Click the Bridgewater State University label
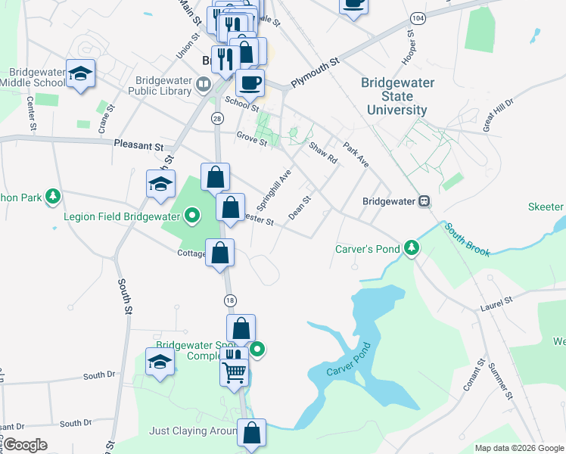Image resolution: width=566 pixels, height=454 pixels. coord(397,97)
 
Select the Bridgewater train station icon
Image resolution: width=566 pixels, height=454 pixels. coord(424,201)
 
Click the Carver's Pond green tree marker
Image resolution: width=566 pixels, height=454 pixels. coord(411,248)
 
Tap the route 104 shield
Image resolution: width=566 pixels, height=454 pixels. coord(417,17)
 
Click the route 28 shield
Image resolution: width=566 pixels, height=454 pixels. coord(217,119)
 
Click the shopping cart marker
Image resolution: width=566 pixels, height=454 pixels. coord(235,372)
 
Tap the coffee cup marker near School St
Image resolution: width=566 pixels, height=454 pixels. coord(250,82)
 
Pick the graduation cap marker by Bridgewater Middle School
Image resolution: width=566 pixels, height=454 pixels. coord(80,73)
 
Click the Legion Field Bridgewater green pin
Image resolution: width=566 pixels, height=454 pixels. coord(192,216)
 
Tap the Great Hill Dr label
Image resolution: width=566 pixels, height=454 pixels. coord(499,111)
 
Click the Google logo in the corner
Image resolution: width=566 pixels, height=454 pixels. coord(26,445)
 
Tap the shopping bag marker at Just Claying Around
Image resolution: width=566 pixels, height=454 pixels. coord(251,433)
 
